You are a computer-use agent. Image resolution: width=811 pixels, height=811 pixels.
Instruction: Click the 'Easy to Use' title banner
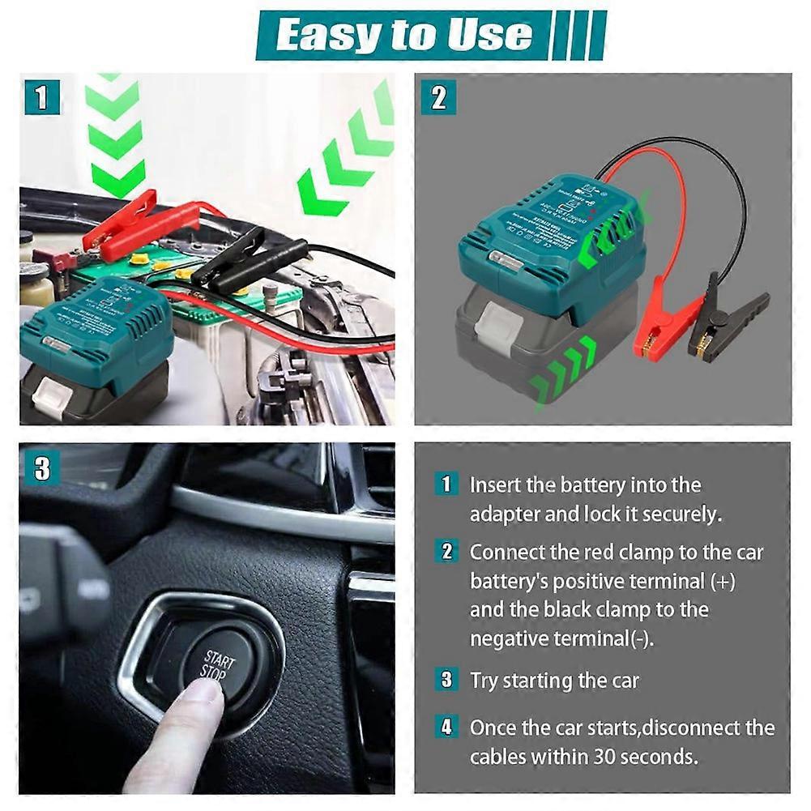(405, 34)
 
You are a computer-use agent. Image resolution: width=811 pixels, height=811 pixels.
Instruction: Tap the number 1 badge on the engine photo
(41, 98)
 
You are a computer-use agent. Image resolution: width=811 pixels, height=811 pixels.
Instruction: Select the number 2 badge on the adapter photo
(438, 98)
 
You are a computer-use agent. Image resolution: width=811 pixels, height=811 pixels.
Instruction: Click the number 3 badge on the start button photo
(41, 468)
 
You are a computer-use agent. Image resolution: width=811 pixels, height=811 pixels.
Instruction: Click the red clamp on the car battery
(122, 226)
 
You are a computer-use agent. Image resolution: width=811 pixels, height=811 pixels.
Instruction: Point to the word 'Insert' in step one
(492, 485)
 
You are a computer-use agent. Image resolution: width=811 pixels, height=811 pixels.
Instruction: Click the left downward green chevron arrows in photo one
(114, 134)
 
